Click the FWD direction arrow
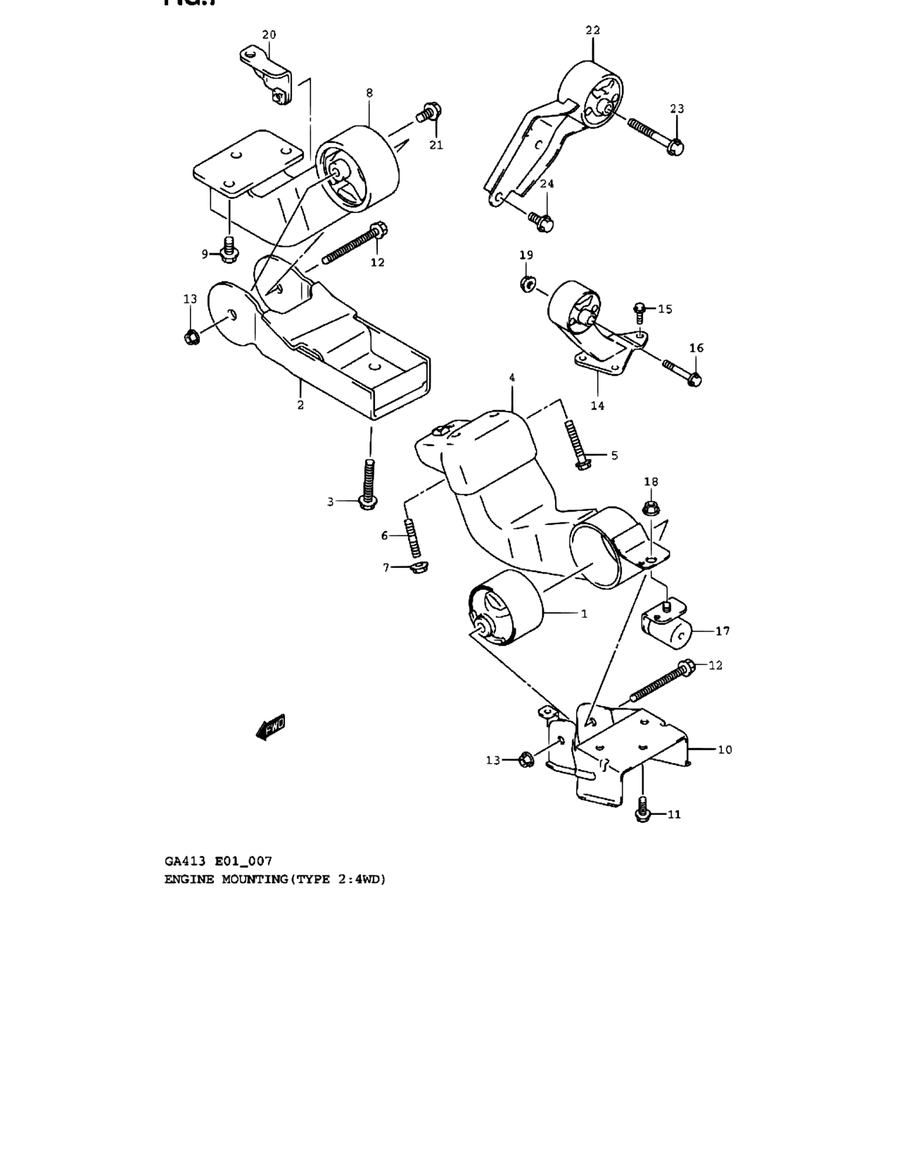pos(271,728)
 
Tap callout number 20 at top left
pos(269,34)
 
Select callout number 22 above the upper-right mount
pos(592,30)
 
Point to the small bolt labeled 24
pos(543,222)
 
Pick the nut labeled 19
pos(526,284)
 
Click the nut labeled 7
pos(419,566)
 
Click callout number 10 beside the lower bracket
pos(724,749)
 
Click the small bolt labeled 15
pos(640,308)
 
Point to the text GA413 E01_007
pos(218,861)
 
